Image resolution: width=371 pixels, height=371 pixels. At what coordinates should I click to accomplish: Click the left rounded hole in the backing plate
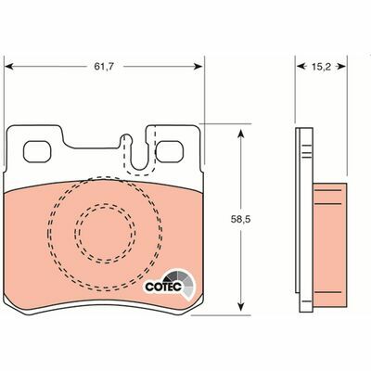point(38,148)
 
